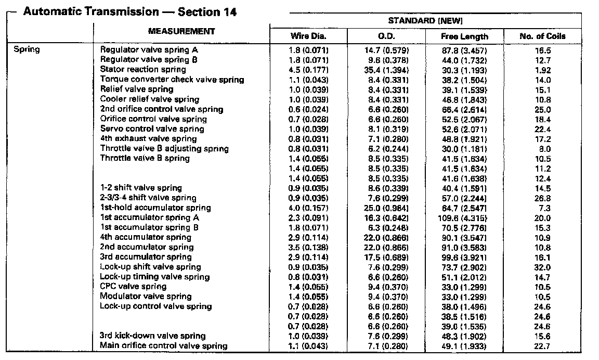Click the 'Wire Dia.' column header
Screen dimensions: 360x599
pyautogui.click(x=308, y=36)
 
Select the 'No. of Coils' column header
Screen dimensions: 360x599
pyautogui.click(x=542, y=36)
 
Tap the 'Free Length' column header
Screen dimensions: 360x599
pyautogui.click(x=464, y=36)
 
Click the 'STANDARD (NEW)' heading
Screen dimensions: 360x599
pyautogui.click(x=425, y=20)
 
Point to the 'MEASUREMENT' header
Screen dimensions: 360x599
pyautogui.click(x=181, y=31)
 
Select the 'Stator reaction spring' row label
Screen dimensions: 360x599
pyautogui.click(x=143, y=70)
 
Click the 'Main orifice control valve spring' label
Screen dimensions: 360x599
pyautogui.click(x=164, y=346)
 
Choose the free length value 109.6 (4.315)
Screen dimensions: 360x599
pyautogui.click(x=464, y=218)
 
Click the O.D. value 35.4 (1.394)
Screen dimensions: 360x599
pyautogui.click(x=386, y=70)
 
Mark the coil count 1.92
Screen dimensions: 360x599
pyautogui.click(x=542, y=70)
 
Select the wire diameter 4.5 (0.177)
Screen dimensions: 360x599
pyautogui.click(x=308, y=70)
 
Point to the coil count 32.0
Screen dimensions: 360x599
pyautogui.click(x=542, y=267)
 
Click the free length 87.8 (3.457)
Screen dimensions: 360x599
pyautogui.click(x=464, y=50)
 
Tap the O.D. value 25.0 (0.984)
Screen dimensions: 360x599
pyautogui.click(x=386, y=208)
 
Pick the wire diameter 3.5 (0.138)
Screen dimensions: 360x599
pyautogui.click(x=308, y=248)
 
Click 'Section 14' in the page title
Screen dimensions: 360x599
pyautogui.click(x=207, y=12)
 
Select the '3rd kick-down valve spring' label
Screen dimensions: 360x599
pyautogui.click(x=152, y=336)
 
